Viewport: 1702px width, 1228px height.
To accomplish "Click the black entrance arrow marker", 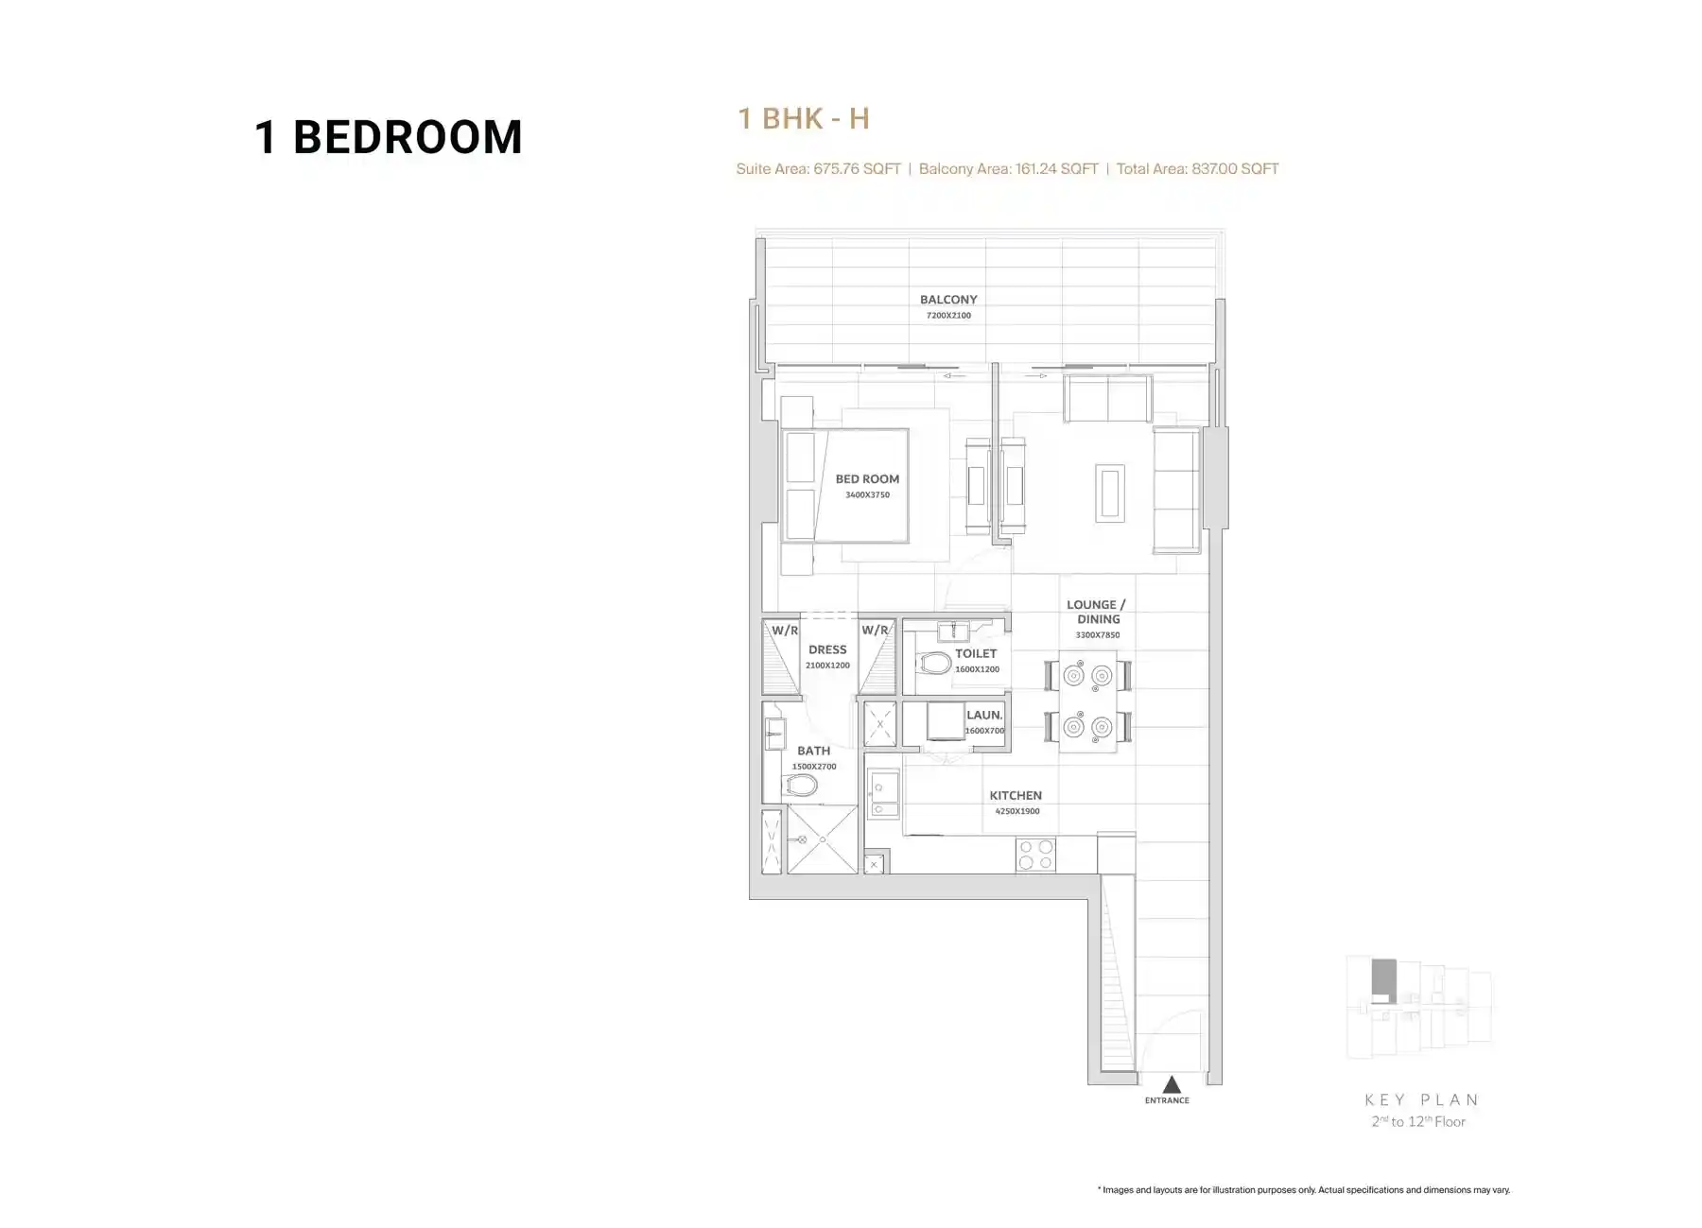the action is point(1172,1084).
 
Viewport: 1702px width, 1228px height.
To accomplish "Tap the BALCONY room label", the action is point(948,300).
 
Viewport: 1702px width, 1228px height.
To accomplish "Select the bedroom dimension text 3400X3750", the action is point(867,494).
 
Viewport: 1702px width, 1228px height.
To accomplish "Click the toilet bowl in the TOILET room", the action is point(935,663).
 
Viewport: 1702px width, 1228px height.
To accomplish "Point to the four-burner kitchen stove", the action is point(1035,855).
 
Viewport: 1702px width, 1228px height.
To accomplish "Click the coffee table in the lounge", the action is point(1110,493).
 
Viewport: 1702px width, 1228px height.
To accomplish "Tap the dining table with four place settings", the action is point(1087,700).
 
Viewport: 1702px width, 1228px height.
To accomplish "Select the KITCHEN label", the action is point(1016,796).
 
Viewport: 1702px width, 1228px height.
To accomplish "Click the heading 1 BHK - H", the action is point(803,119).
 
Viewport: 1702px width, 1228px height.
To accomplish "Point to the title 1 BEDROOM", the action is point(388,137).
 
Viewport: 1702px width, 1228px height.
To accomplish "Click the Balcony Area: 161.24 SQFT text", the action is point(1008,169).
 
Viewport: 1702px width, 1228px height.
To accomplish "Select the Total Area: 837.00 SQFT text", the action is point(1197,169).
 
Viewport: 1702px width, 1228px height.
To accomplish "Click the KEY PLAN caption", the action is point(1421,1099).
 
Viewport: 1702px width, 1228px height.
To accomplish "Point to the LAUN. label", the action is point(984,716).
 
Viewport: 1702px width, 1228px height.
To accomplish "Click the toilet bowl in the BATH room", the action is point(801,786).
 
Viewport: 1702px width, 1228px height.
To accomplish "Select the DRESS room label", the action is point(827,650).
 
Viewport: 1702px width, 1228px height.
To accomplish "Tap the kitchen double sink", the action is point(884,794).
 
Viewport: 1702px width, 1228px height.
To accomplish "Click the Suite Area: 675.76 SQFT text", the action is point(819,169).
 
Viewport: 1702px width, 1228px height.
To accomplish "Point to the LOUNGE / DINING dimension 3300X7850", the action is point(1097,635).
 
